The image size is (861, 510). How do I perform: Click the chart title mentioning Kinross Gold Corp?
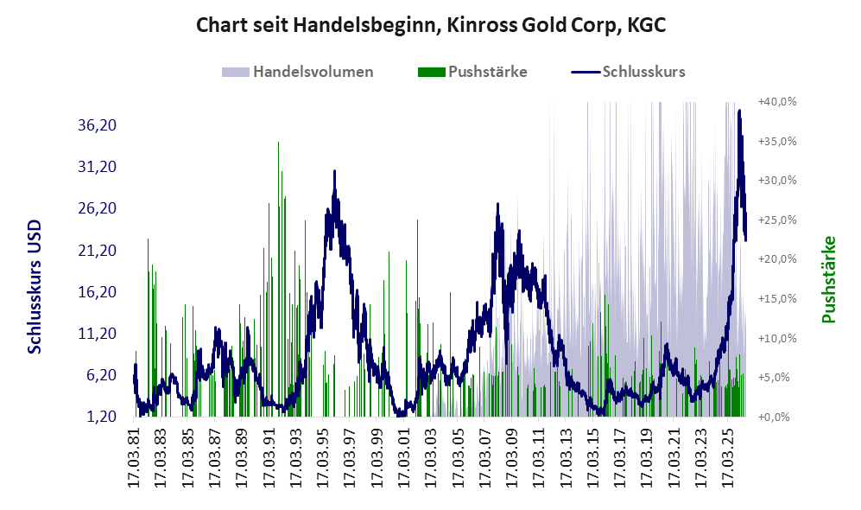point(430,26)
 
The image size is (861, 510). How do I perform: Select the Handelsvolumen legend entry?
point(298,72)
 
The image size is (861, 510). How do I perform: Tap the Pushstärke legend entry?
point(472,72)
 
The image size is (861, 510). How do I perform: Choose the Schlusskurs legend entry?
point(628,72)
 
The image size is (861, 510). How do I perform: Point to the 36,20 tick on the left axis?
point(98,125)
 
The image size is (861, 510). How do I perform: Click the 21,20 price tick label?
point(98,251)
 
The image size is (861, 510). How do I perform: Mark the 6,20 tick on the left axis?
point(101,375)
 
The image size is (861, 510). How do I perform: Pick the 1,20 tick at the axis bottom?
point(101,417)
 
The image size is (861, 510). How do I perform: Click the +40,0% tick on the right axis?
point(777,102)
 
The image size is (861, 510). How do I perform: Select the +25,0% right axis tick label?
point(777,220)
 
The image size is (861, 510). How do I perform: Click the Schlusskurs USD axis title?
point(35,287)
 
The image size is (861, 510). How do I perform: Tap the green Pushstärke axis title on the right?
point(828,279)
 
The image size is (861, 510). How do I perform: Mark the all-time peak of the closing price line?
point(739,111)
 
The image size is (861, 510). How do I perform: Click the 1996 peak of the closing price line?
point(334,171)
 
